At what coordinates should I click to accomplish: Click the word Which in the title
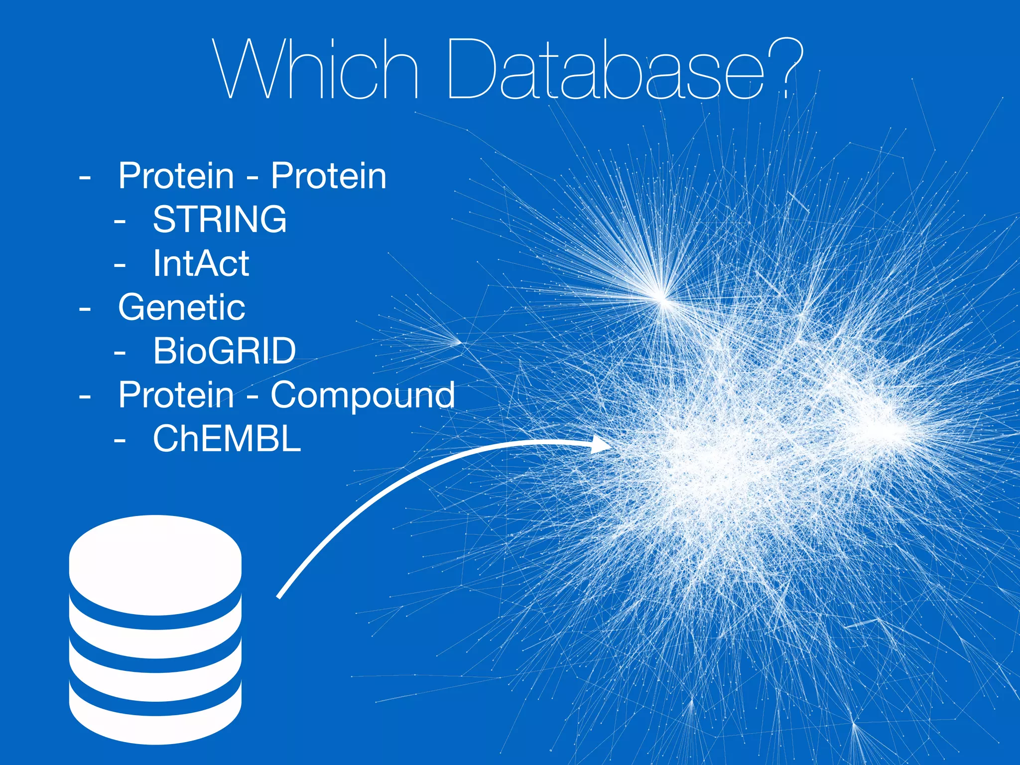(x=315, y=70)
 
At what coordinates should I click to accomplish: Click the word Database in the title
(x=605, y=70)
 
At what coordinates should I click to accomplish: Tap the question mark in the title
(x=786, y=67)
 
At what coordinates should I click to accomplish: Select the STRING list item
(x=220, y=219)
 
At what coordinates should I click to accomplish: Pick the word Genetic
(x=181, y=307)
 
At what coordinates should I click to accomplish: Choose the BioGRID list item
(x=224, y=351)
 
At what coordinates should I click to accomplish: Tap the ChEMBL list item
(x=227, y=439)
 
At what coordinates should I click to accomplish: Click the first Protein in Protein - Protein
(x=176, y=176)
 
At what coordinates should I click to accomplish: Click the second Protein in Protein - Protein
(x=328, y=176)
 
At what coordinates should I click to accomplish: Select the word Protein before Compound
(x=176, y=394)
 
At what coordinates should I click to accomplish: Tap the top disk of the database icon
(x=155, y=563)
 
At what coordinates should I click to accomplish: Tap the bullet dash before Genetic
(x=85, y=309)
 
